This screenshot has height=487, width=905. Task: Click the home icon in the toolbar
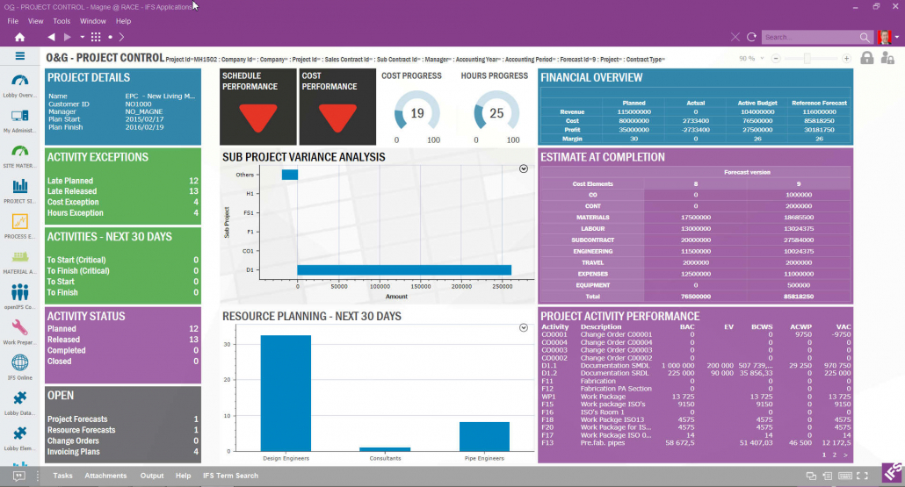[x=19, y=37]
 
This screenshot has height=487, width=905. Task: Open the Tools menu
[x=62, y=20]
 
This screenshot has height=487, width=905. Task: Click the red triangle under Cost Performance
[x=336, y=118]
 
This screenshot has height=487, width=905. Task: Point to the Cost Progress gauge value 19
[x=417, y=113]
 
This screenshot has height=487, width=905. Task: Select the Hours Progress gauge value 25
[x=496, y=113]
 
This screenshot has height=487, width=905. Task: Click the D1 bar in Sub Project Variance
[x=404, y=269]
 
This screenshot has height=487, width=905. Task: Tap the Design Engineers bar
[x=286, y=393]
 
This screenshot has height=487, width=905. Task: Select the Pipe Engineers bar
[x=484, y=436]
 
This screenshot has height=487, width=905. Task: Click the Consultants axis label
[x=385, y=458]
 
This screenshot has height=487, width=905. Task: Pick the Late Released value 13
[x=193, y=191]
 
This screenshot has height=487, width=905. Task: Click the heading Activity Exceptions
[x=98, y=157]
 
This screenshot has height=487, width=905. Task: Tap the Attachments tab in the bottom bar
[x=105, y=476]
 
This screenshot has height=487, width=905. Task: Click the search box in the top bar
[x=808, y=37]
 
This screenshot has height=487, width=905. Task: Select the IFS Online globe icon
[x=19, y=362]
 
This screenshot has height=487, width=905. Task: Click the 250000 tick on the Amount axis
[x=502, y=285]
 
